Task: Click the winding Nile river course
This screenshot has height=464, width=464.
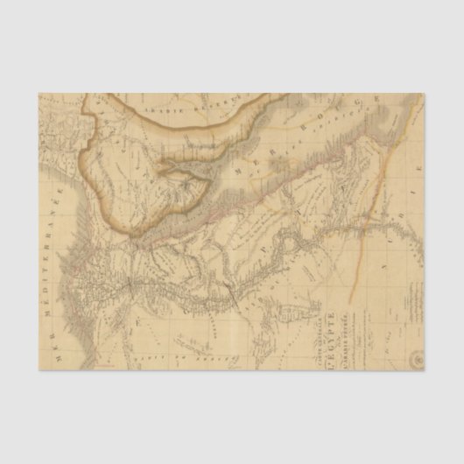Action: (263, 263)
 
